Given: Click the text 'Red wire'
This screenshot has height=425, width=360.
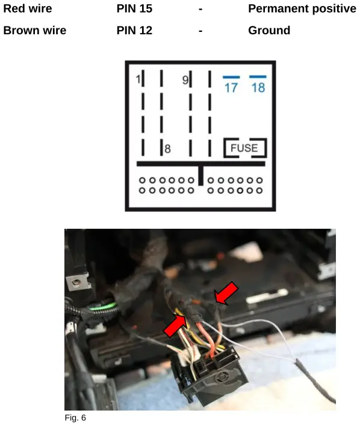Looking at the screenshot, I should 28,9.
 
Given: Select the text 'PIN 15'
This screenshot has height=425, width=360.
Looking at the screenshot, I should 134,9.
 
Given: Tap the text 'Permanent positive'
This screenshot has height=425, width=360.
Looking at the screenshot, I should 302,9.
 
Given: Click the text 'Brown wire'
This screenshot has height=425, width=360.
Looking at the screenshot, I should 35,31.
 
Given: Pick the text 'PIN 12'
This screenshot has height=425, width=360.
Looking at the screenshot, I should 134,31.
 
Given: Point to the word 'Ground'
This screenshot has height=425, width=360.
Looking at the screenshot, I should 269,31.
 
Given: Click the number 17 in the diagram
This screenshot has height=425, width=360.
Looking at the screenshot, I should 231,88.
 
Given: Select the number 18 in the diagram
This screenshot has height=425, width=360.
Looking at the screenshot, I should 258,88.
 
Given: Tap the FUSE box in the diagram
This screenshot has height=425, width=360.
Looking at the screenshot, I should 244,148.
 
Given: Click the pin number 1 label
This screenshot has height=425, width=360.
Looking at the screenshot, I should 138,79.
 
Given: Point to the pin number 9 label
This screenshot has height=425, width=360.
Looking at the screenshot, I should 185,79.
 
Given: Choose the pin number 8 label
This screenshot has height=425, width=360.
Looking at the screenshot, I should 168,149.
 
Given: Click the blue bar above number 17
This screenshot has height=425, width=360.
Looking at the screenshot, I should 231,77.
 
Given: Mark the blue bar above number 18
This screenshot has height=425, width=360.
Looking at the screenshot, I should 258,76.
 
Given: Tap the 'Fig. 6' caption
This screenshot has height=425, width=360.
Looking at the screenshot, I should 75,417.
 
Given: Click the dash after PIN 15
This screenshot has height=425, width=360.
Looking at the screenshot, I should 200,9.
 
